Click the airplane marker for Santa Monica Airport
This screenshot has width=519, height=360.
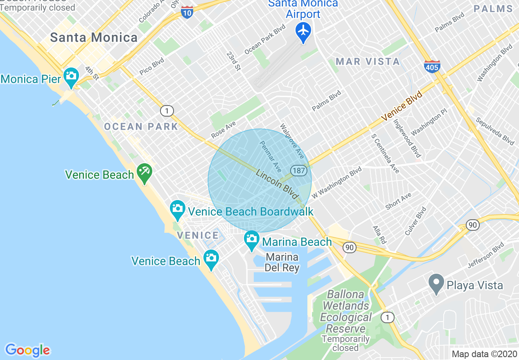(303, 32)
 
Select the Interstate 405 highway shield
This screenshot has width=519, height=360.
(432, 66)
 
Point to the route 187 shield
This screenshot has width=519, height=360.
(299, 170)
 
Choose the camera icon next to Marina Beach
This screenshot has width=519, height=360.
(251, 239)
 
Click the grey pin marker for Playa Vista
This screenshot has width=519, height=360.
(436, 283)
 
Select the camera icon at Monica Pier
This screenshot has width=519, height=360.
(71, 76)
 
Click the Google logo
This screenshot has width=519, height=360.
(27, 350)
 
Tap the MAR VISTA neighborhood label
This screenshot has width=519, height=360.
(368, 62)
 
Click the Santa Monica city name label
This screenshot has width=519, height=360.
(94, 38)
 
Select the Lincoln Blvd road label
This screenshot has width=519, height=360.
(277, 185)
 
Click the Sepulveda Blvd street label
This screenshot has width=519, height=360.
(494, 131)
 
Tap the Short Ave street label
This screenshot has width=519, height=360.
(398, 202)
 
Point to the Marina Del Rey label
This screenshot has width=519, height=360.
(282, 263)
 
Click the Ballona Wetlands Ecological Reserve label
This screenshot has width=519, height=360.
(346, 312)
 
